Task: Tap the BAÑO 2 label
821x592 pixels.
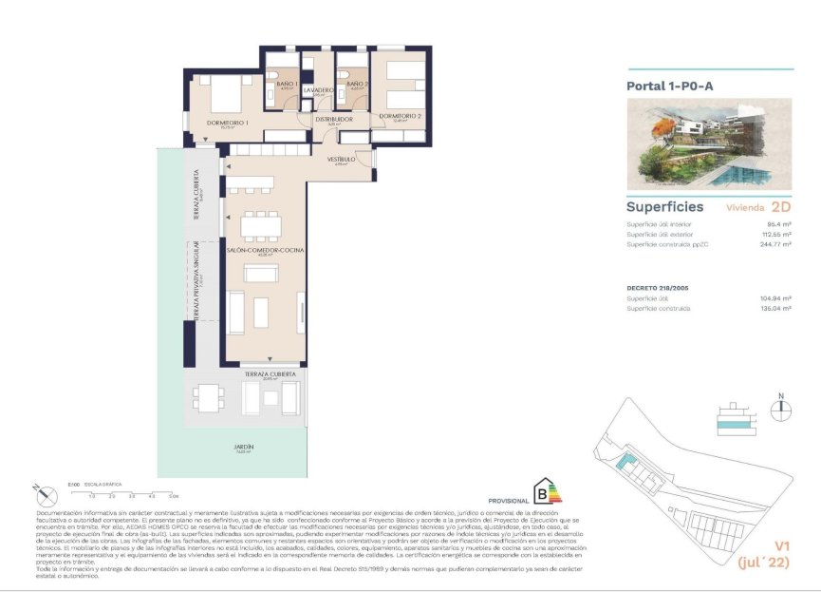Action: click(x=357, y=85)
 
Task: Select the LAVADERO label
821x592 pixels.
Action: click(x=319, y=89)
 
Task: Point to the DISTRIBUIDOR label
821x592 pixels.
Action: click(x=334, y=119)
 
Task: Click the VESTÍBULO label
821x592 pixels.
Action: click(x=342, y=159)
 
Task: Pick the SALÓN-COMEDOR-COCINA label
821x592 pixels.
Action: click(x=258, y=250)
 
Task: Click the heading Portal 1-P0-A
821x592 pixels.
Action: click(x=670, y=86)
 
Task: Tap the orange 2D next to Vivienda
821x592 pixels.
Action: click(x=780, y=206)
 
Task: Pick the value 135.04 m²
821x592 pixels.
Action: click(x=774, y=308)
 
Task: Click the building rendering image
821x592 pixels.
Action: click(x=709, y=143)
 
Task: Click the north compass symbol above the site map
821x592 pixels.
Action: click(x=780, y=410)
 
